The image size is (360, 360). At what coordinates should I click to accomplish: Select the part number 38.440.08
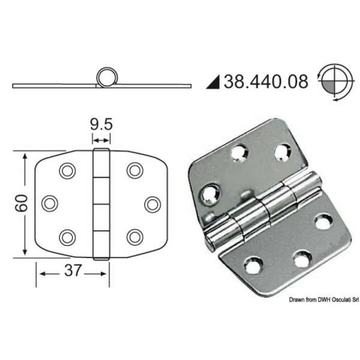[266, 80]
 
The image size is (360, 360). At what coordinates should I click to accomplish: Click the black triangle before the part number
[214, 81]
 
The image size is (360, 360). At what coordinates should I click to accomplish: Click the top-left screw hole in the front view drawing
[65, 171]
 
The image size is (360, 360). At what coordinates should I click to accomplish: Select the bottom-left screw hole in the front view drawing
[65, 236]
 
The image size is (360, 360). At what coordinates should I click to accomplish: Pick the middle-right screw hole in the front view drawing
[152, 203]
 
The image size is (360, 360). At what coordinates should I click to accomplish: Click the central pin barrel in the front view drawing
[101, 203]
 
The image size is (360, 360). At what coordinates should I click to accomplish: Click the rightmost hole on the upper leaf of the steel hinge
[282, 152]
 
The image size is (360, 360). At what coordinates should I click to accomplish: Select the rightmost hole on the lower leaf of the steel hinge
[325, 221]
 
